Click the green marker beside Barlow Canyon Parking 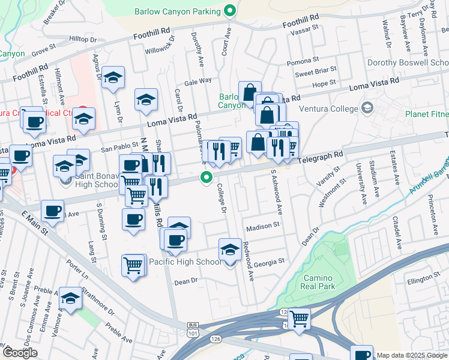click(229, 10)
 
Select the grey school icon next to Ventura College click(367, 108)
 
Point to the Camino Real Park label click(319, 282)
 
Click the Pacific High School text click(185, 262)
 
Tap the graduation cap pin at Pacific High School click(230, 250)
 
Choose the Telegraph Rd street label click(322, 155)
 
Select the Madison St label click(264, 226)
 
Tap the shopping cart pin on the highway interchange click(298, 318)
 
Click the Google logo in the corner click(20, 352)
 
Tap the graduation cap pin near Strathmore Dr click(70, 298)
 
